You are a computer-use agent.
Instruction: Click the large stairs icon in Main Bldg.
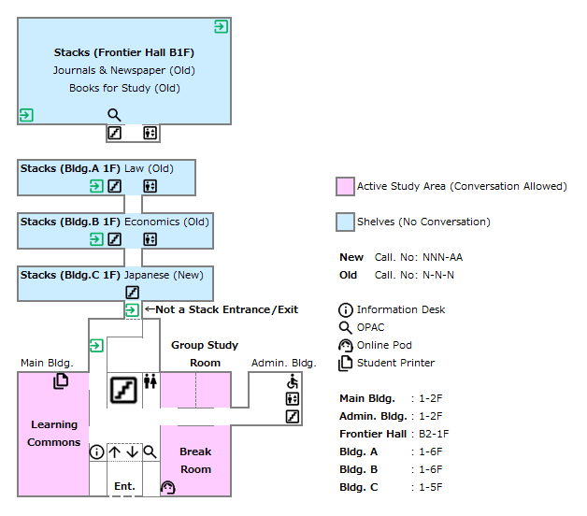click(124, 390)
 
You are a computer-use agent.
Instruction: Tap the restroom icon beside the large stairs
click(150, 381)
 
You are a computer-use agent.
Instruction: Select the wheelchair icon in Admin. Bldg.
click(293, 381)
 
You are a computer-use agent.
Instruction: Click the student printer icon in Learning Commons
click(61, 380)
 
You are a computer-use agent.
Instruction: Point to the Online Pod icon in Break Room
click(168, 487)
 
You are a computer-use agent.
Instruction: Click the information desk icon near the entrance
click(96, 452)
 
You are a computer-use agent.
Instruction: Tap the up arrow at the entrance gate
click(115, 452)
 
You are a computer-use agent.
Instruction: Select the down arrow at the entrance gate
click(132, 452)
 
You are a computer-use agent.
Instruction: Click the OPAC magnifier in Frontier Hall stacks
click(114, 115)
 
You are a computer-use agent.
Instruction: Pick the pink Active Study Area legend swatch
click(345, 186)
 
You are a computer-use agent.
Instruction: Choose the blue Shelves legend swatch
click(345, 222)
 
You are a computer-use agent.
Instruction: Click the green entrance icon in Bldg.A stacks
click(96, 186)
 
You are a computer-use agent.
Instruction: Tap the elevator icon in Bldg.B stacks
click(150, 239)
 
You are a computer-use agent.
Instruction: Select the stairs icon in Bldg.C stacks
click(132, 293)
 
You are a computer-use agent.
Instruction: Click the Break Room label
click(195, 461)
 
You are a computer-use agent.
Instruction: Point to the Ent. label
click(124, 486)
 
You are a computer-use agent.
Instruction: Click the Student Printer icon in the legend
click(346, 363)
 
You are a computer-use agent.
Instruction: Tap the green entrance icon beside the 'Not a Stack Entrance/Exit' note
click(132, 310)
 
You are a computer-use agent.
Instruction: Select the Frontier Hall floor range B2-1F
click(434, 434)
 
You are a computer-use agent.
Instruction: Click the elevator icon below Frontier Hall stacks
click(150, 133)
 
